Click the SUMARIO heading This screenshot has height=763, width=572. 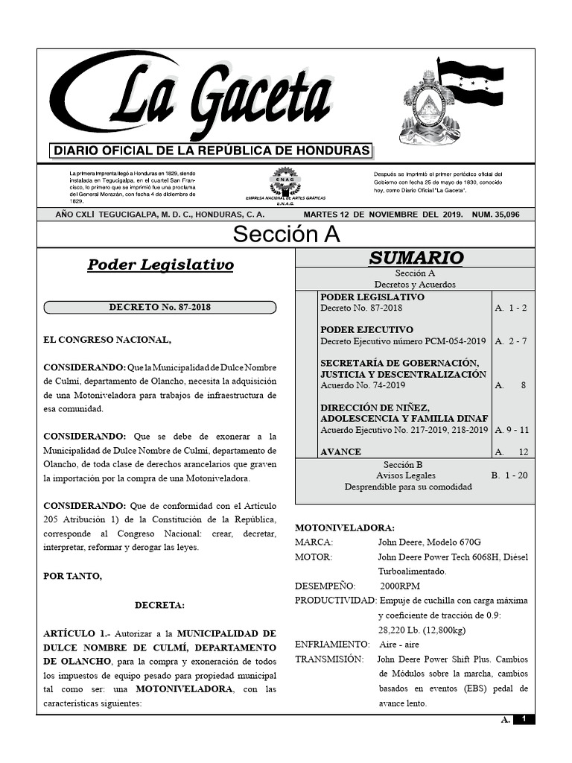pos(416,258)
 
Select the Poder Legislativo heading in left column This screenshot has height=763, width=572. pos(160,265)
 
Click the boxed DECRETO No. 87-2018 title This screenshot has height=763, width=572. pos(160,307)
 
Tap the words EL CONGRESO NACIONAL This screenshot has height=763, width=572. pos(107,340)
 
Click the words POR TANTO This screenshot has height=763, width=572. pos(73,576)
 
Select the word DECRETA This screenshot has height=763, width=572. pos(159,605)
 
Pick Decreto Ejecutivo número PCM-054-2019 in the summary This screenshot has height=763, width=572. pos(403,341)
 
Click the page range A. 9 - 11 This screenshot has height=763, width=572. pos(512,430)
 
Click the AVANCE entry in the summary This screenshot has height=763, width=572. pos(340,452)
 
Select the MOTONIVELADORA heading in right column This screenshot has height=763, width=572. pos(344,528)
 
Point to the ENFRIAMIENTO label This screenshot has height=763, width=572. pos(331,644)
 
